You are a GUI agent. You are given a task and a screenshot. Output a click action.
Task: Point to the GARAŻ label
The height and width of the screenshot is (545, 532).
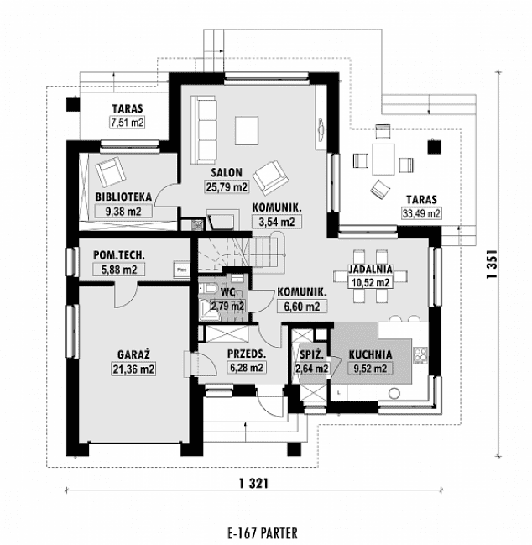tap(128, 354)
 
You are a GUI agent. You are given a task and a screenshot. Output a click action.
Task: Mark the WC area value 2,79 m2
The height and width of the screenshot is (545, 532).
tap(227, 306)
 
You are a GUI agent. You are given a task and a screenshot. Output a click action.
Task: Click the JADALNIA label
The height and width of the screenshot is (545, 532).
tap(370, 269)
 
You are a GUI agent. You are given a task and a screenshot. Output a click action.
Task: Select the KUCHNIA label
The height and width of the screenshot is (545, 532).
tap(368, 354)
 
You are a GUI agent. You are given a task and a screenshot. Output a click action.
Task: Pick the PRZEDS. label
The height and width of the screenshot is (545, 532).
tap(247, 354)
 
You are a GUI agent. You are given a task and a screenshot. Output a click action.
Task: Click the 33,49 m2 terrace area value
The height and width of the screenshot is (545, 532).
tap(420, 213)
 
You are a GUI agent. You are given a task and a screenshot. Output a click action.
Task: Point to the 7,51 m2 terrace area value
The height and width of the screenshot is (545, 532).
tap(127, 123)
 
